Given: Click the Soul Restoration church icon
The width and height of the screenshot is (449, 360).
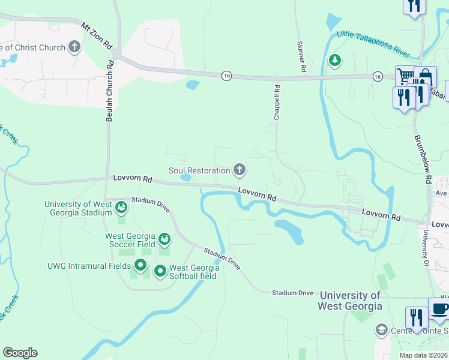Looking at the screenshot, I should [240, 170].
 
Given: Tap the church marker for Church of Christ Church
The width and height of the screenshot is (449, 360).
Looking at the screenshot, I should [74, 47].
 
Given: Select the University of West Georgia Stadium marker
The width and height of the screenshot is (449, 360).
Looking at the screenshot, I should [121, 208].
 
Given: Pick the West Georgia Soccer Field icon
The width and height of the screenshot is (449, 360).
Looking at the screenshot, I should [163, 240].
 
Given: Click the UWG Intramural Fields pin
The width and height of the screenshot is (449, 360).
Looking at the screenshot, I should [140, 265].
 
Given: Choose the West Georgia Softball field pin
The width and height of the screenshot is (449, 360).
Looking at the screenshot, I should [160, 271].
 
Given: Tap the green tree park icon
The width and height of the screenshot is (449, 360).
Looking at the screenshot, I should [334, 60].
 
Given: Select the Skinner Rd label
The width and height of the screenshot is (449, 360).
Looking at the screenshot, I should [301, 58].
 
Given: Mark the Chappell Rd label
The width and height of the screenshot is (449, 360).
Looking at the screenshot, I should [277, 102].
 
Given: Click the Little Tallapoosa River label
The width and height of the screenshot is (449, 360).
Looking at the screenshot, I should [373, 44].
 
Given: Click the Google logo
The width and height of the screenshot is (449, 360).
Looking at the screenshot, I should [20, 353].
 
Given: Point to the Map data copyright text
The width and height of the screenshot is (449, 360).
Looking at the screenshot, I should [424, 355].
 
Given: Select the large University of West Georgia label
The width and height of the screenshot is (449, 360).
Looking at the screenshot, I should [351, 301].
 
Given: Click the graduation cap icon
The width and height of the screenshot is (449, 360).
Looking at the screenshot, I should [381, 329].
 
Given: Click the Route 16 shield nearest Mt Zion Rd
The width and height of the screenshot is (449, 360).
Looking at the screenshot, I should [226, 75].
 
